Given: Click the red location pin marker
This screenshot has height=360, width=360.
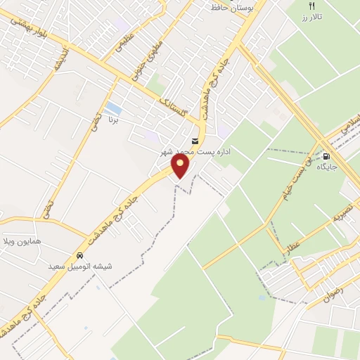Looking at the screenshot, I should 181,166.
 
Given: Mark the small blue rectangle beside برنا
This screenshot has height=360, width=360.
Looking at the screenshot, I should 112,108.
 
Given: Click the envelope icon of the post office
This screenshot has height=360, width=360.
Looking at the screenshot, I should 195,141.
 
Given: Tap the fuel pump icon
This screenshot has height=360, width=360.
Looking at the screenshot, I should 327,156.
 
